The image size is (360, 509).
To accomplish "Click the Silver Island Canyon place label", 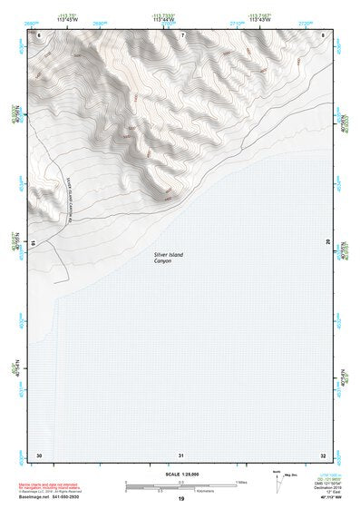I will (x=168, y=259).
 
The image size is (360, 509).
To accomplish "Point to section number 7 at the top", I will (x=181, y=34).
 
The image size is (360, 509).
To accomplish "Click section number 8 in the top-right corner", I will (x=324, y=34).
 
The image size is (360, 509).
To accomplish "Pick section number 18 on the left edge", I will (x=35, y=243).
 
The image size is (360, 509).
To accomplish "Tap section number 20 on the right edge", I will (x=327, y=243).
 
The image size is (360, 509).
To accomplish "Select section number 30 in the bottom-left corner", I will (x=39, y=455).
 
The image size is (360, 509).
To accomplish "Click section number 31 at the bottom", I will (x=181, y=455).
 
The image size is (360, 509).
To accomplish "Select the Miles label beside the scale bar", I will (x=243, y=482).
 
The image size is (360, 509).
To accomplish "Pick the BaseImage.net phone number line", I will (x=54, y=497).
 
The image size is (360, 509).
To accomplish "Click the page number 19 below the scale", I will (x=181, y=500).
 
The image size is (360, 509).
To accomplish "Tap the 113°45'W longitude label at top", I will (x=67, y=19).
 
